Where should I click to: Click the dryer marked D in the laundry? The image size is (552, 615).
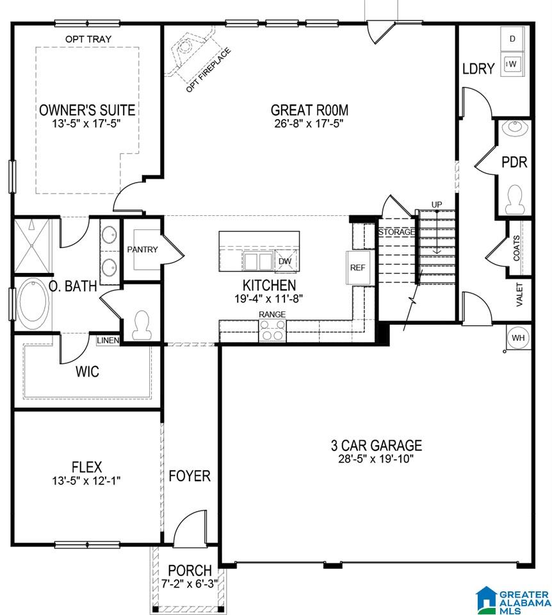pyautogui.click(x=512, y=39)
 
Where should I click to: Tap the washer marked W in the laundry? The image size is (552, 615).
pyautogui.click(x=512, y=64)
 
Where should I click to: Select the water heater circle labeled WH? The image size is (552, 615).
pyautogui.click(x=518, y=338)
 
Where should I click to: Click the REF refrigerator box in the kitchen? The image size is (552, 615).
pyautogui.click(x=357, y=268)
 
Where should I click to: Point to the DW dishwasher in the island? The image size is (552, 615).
pyautogui.click(x=286, y=261)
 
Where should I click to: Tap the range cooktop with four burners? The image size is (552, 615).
pyautogui.click(x=272, y=331)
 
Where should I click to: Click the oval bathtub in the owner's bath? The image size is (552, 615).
pyautogui.click(x=34, y=299)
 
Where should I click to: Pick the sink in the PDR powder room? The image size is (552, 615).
pyautogui.click(x=514, y=127)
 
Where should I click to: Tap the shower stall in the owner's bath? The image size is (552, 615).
pyautogui.click(x=33, y=246)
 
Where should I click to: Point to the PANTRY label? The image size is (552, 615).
pyautogui.click(x=142, y=249)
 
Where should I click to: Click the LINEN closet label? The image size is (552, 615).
pyautogui.click(x=108, y=340)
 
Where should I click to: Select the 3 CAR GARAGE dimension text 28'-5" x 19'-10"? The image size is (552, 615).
pyautogui.click(x=376, y=459)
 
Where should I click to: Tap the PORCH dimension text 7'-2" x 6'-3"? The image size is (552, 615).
pyautogui.click(x=190, y=584)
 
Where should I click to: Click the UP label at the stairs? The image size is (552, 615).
pyautogui.click(x=437, y=205)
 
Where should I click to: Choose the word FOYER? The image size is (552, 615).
pyautogui.click(x=190, y=476)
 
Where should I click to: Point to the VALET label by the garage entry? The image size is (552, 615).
pyautogui.click(x=519, y=295)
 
